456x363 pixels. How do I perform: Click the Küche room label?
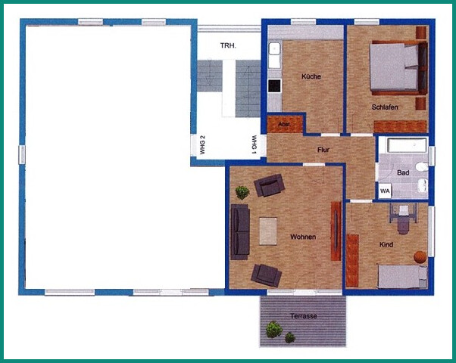point(311,76)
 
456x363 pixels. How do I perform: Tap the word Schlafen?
point(385,107)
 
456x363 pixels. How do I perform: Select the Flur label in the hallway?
point(323,150)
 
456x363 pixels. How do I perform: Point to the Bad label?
point(403,173)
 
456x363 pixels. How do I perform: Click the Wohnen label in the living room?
point(302,237)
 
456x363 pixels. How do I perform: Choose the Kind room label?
point(386,245)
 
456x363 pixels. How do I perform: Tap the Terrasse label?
point(303,315)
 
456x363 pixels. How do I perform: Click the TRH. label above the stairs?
point(228,46)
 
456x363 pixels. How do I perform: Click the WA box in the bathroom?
point(385,191)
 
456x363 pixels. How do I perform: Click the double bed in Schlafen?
point(396,68)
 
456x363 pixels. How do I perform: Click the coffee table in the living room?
point(269,231)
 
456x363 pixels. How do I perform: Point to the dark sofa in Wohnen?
point(240,232)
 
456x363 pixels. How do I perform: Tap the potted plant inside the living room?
point(242,192)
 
